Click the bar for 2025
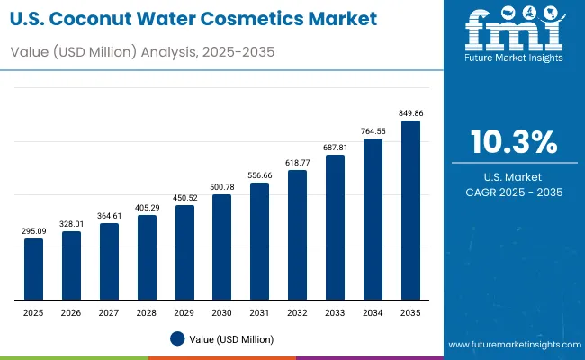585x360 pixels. pos(33,269)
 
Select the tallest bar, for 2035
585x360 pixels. pos(410,211)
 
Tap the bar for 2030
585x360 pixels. pos(221,247)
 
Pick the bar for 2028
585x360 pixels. pos(147,257)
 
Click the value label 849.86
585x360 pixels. pos(410,113)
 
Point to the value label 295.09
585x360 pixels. pos(33,231)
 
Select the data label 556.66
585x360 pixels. pos(259,175)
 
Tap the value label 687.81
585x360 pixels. pos(335,148)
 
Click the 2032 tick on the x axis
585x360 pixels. pos(297,311)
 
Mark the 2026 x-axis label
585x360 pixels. pos(71,311)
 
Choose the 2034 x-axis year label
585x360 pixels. pos(373,311)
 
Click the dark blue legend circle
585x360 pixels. pos(177,338)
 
